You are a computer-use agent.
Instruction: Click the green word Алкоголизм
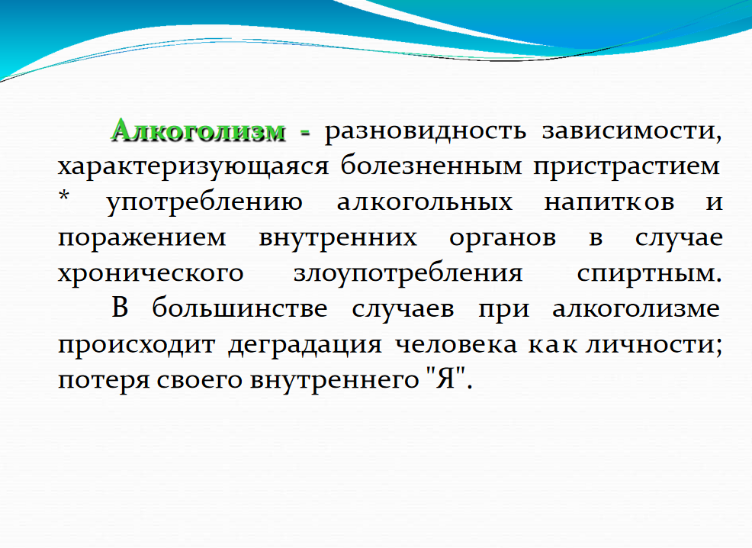point(198,131)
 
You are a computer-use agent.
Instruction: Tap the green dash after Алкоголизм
point(306,133)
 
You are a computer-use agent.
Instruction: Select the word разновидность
point(426,131)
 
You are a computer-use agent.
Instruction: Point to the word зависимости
point(631,131)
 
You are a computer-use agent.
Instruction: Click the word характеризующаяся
point(193,167)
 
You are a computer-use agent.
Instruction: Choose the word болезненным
point(431,166)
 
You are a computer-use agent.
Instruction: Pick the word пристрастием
point(626,167)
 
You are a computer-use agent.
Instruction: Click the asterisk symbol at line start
point(64,196)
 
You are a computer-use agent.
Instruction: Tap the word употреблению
point(204,202)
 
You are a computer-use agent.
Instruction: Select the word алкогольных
point(425,201)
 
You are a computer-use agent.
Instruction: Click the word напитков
point(609,201)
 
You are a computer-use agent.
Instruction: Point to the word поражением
point(142,238)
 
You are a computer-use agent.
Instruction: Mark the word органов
point(503,238)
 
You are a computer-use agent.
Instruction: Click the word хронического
point(150,273)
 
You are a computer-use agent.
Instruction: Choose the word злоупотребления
point(408,273)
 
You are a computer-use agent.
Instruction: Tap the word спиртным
point(649,273)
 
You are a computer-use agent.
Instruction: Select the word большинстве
point(239,308)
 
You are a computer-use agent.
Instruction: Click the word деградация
point(305,344)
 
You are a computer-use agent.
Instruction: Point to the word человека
point(456,344)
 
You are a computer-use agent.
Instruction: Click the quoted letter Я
point(445,379)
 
